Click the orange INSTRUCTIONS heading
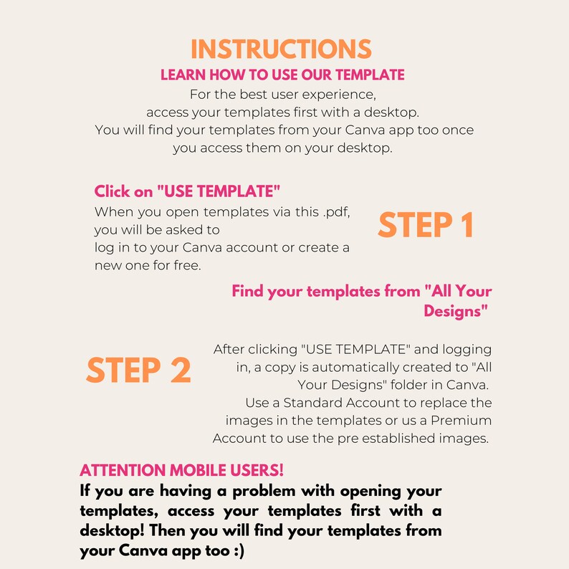281,49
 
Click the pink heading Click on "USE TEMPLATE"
187,192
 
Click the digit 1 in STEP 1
464,226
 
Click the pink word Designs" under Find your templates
456,311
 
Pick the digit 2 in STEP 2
179,370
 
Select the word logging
467,350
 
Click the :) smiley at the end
236,553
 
